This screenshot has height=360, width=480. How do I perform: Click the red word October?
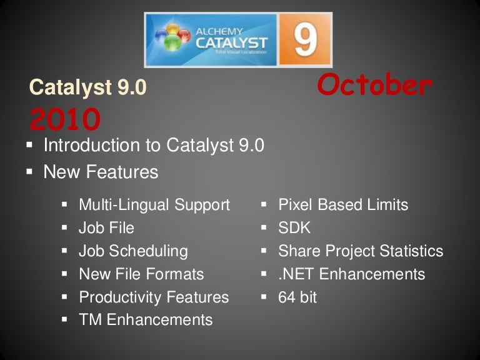click(374, 86)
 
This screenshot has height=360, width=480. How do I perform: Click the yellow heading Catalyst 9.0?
click(87, 87)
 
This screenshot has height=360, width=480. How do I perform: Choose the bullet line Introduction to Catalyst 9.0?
click(153, 146)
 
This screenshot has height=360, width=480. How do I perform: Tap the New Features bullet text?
click(101, 172)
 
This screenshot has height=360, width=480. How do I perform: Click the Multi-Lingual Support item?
click(154, 205)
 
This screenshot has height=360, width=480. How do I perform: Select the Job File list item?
click(106, 228)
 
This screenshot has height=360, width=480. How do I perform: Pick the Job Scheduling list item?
click(133, 251)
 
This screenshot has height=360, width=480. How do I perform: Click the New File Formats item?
click(141, 274)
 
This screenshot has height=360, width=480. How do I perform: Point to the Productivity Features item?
click(154, 297)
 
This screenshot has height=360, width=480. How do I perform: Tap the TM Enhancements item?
click(146, 320)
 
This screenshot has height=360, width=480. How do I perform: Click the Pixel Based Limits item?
click(343, 205)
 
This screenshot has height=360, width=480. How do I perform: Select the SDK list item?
click(294, 228)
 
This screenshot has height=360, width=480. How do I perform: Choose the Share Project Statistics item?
click(361, 251)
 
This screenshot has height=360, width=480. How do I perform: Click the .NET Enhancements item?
click(351, 274)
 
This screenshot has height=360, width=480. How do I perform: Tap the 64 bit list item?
click(297, 297)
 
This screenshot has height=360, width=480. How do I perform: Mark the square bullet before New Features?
click(29, 171)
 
